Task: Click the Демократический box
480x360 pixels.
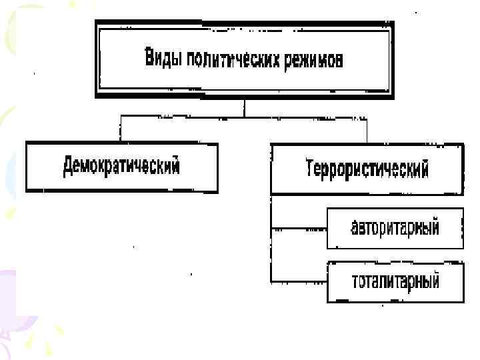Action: [x=121, y=166]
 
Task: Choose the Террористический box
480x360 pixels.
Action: [x=367, y=168]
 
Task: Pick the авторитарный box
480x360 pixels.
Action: [x=395, y=228]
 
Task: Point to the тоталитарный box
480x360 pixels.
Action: [x=395, y=281]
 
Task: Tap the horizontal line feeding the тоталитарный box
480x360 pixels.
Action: [x=299, y=281]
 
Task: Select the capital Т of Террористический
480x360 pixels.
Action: [x=310, y=168]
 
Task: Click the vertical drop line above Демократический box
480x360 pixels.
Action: [x=121, y=129]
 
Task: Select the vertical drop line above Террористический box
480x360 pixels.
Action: [x=366, y=130]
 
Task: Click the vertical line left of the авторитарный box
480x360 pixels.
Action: [x=271, y=247]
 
